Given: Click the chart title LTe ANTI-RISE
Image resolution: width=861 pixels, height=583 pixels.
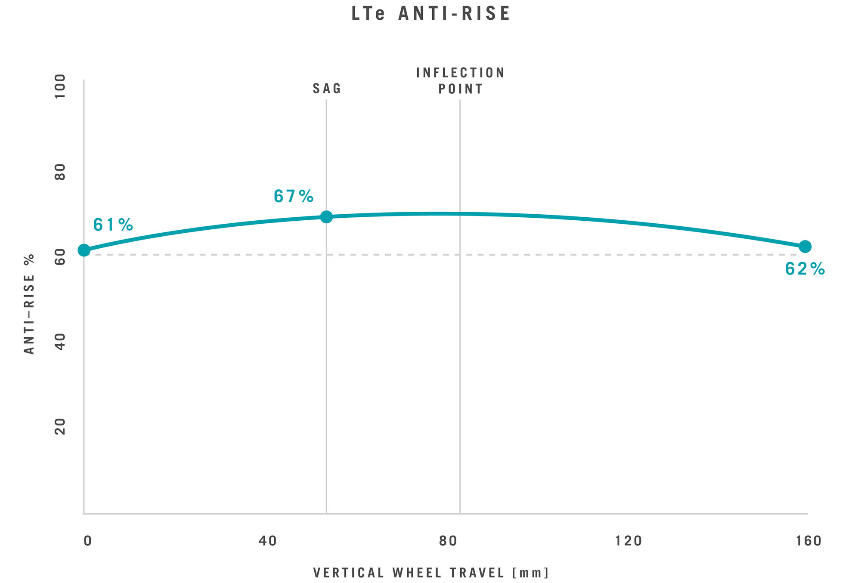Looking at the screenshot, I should [x=430, y=14].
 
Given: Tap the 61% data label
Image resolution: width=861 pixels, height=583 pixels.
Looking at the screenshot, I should [x=113, y=225].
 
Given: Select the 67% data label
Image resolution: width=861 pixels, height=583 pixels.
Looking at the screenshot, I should [x=294, y=197].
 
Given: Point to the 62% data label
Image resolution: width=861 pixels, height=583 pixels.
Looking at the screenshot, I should [x=805, y=269].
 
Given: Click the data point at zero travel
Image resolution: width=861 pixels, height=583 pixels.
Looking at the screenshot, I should [x=84, y=250].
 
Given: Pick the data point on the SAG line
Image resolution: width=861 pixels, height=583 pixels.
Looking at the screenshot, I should [x=326, y=216].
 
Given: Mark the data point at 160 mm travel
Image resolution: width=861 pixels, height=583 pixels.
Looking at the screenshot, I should [x=805, y=247].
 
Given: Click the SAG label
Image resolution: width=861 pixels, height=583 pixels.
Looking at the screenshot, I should [x=327, y=89].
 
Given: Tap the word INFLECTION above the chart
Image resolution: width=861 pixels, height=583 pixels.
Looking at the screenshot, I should [x=460, y=73].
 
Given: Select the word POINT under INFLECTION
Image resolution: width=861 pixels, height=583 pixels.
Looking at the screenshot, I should [x=460, y=89].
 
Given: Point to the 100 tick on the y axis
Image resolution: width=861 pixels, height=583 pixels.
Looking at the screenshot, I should [x=60, y=86].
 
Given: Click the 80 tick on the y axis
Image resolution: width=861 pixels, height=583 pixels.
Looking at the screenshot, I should [x=60, y=172].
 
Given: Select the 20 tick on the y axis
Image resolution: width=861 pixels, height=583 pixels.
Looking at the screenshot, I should [x=60, y=426].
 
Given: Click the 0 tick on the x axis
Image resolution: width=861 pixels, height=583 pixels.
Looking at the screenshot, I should [x=87, y=541].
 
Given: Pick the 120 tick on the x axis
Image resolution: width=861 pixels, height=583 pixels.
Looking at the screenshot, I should [x=629, y=541].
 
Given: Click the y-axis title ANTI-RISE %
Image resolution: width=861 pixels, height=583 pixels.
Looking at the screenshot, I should [x=29, y=304].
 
